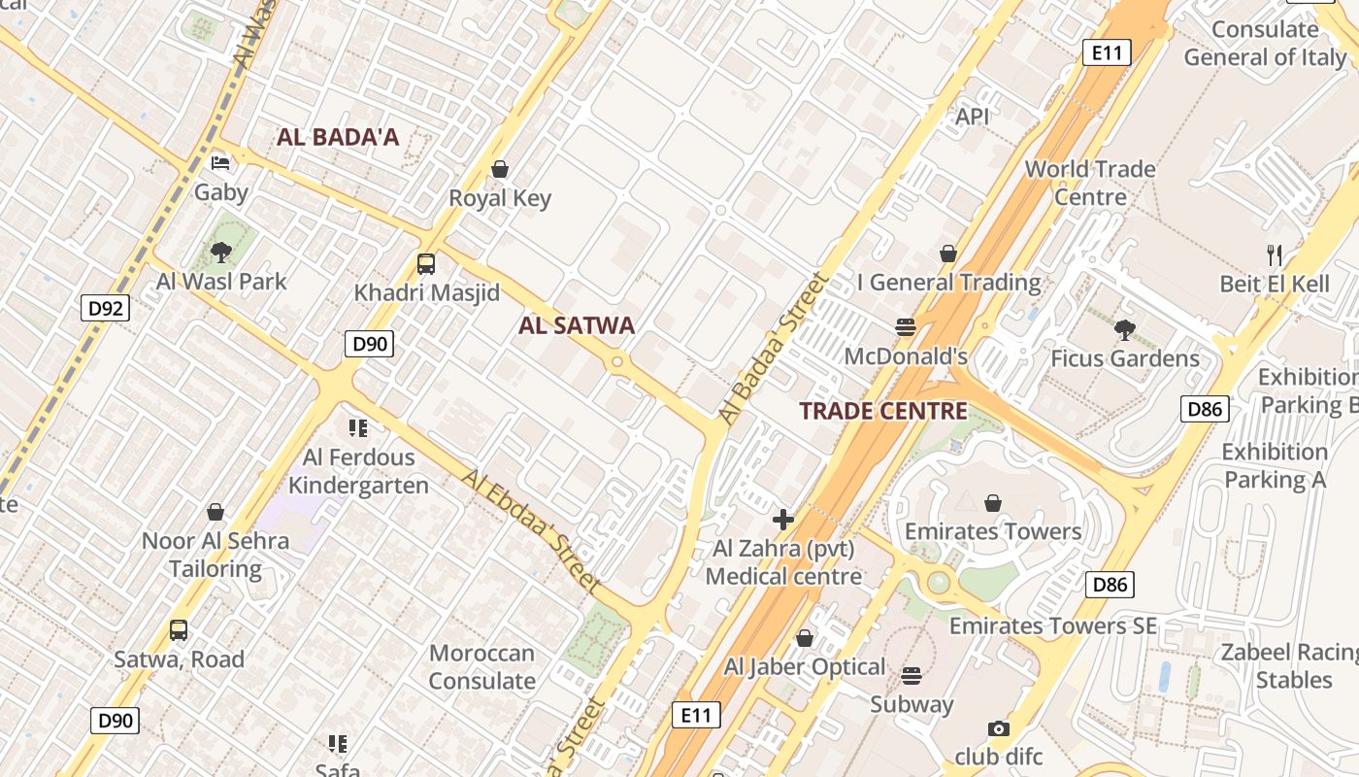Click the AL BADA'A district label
point(338,137)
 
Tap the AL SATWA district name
point(577,325)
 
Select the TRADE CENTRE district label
point(883,411)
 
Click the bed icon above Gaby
point(221,162)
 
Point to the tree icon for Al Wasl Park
point(221,253)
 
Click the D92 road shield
point(105,309)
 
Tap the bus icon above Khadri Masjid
point(426,263)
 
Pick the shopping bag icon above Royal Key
point(500,169)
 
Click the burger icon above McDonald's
point(906,327)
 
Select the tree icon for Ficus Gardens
point(1125,329)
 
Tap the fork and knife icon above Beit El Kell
point(1275,255)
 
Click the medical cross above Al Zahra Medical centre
point(783,520)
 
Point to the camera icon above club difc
point(998,728)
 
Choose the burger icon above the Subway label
point(912,675)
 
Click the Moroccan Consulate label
point(482,666)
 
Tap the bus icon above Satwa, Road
point(179,630)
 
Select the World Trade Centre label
point(1090,183)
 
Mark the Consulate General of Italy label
point(1265,43)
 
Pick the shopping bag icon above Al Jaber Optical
point(805,638)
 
